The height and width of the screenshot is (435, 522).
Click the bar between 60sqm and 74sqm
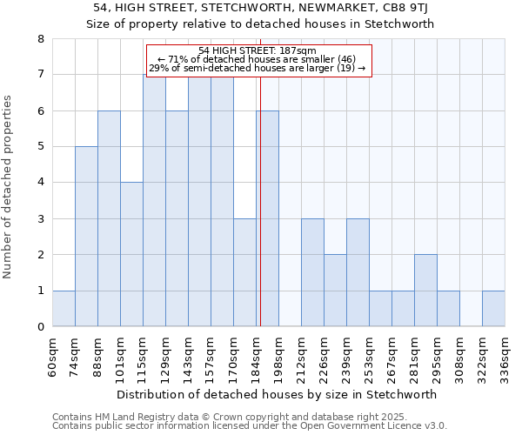(x=64, y=308)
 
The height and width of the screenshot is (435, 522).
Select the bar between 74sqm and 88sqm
(x=86, y=237)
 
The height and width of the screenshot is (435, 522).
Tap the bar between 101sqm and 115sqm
(x=131, y=254)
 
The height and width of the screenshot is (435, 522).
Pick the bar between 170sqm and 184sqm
(x=244, y=272)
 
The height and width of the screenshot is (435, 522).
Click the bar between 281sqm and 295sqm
(x=425, y=291)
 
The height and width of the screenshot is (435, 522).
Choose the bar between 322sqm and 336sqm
(x=493, y=308)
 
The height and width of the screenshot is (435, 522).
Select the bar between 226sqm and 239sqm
(x=335, y=291)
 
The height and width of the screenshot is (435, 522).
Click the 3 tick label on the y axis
(x=40, y=219)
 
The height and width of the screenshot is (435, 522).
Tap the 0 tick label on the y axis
(x=40, y=327)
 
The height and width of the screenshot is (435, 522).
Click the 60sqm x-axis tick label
(x=52, y=357)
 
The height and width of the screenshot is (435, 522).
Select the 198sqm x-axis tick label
(x=278, y=357)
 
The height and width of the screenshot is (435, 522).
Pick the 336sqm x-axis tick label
(x=505, y=357)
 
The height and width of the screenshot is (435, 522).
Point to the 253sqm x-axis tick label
(x=369, y=357)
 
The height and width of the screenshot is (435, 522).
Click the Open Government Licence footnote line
(x=250, y=426)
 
